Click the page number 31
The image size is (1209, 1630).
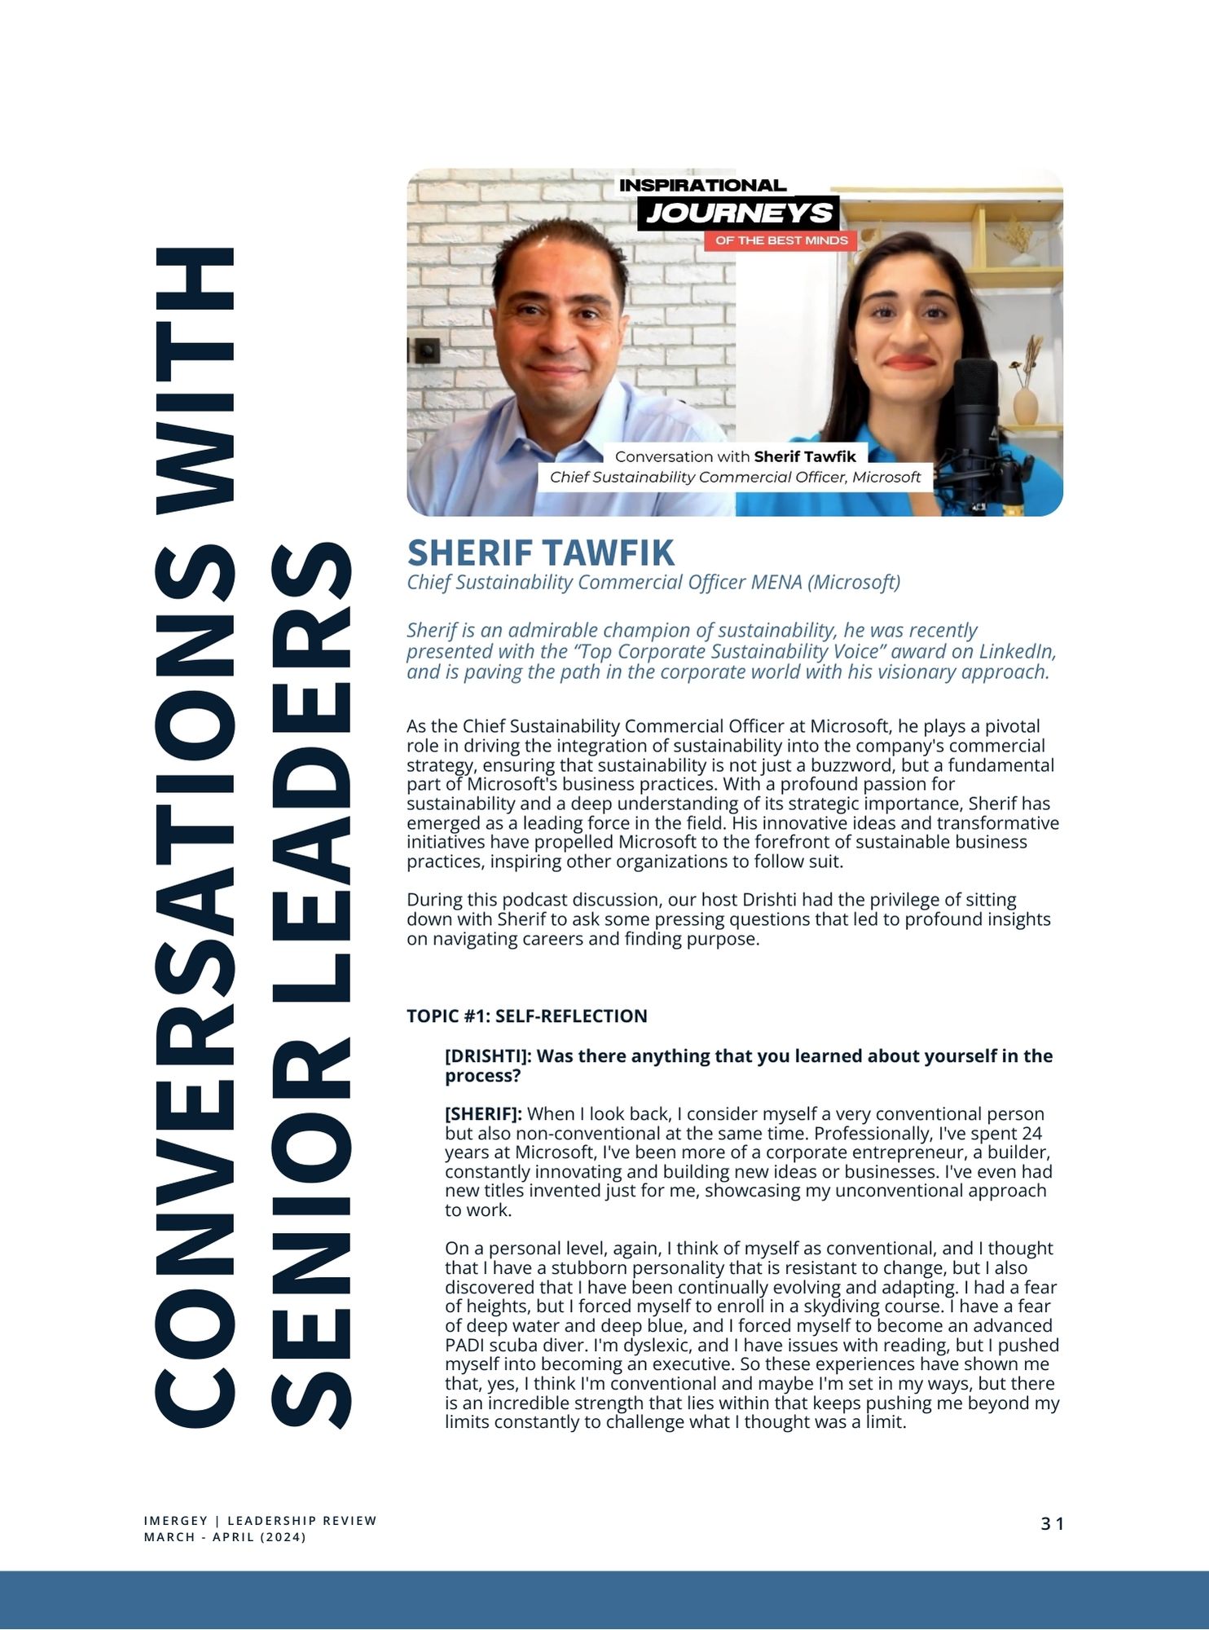(1052, 1523)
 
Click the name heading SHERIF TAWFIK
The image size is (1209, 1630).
(540, 553)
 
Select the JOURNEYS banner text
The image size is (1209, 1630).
(739, 214)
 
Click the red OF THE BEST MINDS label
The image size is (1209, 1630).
(781, 240)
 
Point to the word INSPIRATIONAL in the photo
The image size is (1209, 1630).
(702, 185)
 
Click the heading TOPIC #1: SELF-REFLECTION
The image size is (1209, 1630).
(526, 1015)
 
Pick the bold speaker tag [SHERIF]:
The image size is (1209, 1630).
(483, 1113)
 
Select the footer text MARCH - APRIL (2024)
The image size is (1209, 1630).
(225, 1537)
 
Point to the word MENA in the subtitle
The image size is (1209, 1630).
(776, 582)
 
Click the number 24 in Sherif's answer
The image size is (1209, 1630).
(1031, 1133)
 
